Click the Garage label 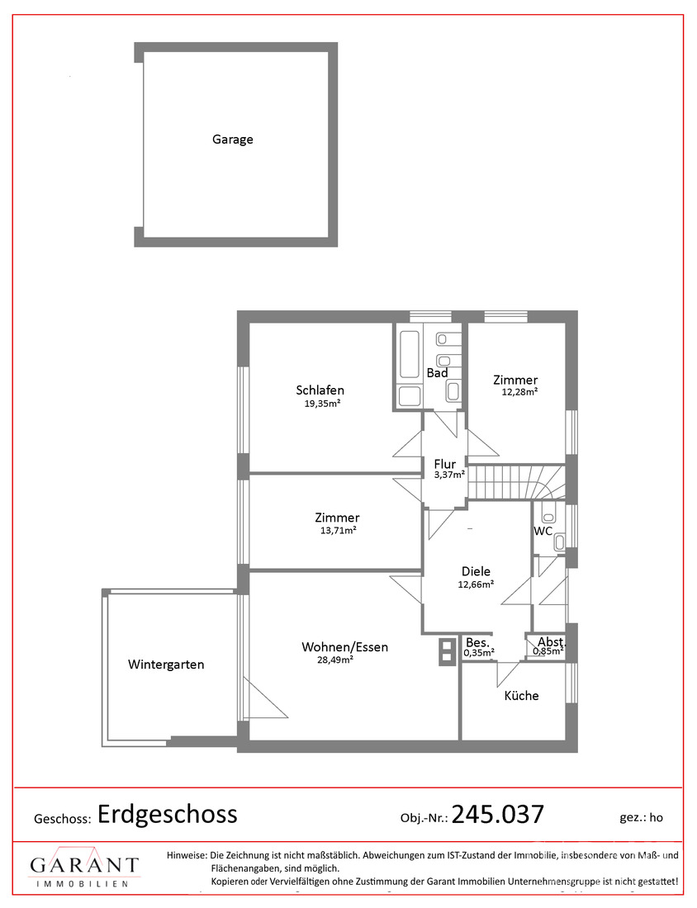(x=232, y=140)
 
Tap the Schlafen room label (x=320, y=390)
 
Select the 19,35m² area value (x=322, y=404)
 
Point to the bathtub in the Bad (x=409, y=354)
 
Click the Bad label (x=438, y=373)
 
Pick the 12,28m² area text (x=519, y=391)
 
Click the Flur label (x=445, y=464)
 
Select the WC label (x=543, y=531)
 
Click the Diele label (x=476, y=571)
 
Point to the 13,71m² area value (x=339, y=530)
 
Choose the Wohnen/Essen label (x=344, y=647)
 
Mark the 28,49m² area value (x=335, y=659)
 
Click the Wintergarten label (x=166, y=664)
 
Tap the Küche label (x=521, y=696)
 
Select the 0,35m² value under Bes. (x=479, y=653)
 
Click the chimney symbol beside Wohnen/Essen (x=447, y=651)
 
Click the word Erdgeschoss (x=168, y=814)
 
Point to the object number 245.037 (x=498, y=814)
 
